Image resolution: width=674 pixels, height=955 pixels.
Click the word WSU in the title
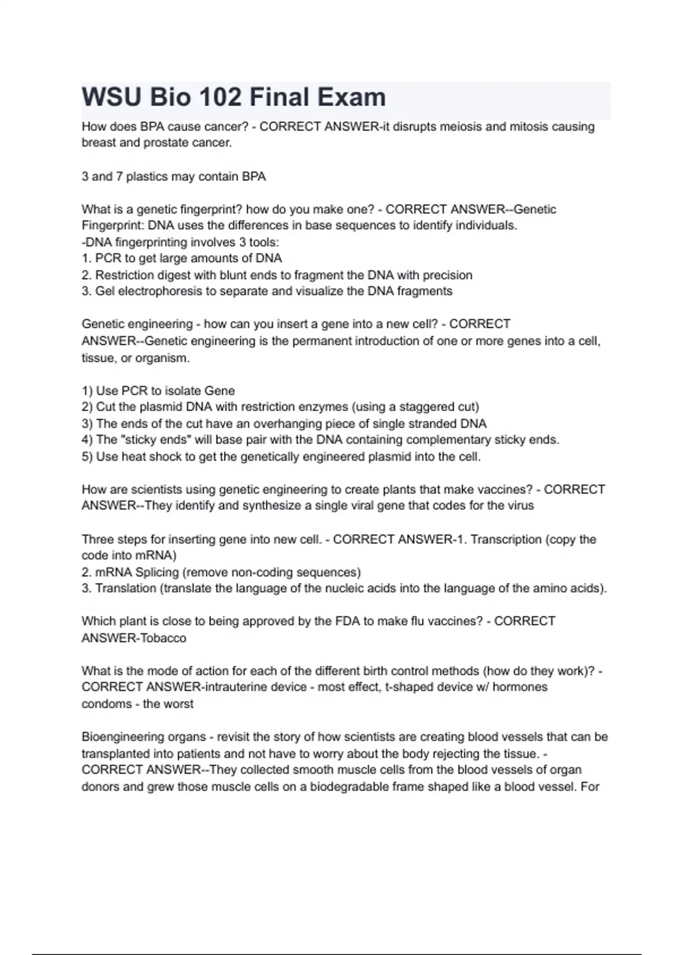click(111, 97)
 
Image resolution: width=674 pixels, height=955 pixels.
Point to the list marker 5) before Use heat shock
click(86, 457)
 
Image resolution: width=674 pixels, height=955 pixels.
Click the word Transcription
click(505, 539)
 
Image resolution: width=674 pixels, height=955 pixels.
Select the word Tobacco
click(163, 638)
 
